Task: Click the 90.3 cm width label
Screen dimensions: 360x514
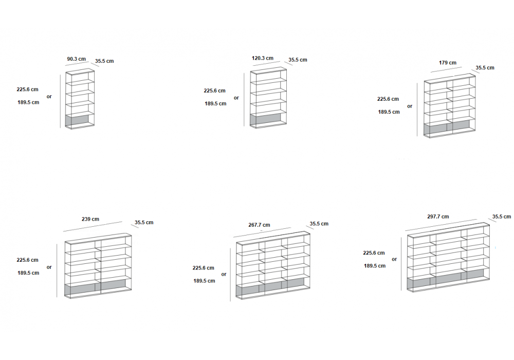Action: coord(76,59)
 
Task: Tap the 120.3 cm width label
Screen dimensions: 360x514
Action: coord(263,58)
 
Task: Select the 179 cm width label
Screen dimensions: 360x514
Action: coord(447,63)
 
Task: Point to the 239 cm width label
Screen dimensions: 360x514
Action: coord(90,219)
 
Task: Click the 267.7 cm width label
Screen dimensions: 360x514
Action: coord(259,225)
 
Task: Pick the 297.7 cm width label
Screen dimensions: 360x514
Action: coord(437,217)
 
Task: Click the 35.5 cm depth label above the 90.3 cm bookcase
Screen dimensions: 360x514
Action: coord(104,61)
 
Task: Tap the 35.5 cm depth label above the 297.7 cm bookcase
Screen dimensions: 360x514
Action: coord(502,217)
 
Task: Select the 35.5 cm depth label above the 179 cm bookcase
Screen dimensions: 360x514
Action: coord(485,67)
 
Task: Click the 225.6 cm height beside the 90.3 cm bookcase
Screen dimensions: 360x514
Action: coord(28,89)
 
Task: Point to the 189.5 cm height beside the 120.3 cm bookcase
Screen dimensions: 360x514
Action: coord(215,103)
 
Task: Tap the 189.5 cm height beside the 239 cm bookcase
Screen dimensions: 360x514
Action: coord(28,273)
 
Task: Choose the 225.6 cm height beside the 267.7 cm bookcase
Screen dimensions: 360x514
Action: coord(204,268)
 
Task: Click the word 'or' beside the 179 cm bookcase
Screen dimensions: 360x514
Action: coord(410,106)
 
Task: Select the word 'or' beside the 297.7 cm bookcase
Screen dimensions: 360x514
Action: coord(394,259)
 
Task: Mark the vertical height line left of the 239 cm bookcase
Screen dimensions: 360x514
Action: coord(57,270)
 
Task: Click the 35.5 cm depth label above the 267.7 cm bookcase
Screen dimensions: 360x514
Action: coord(319,224)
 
